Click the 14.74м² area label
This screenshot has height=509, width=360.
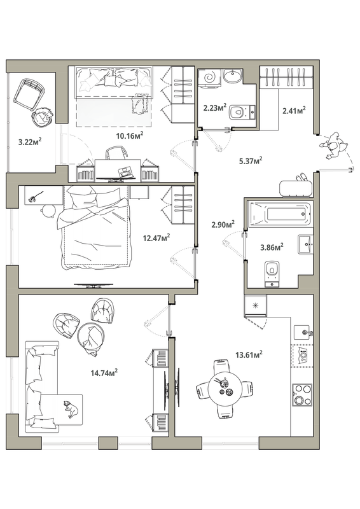click(x=104, y=372)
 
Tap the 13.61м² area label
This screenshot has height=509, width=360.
click(x=249, y=354)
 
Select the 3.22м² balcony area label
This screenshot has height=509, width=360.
click(x=29, y=141)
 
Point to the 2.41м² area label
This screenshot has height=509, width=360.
click(x=294, y=110)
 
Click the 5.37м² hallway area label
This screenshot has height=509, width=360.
click(x=251, y=160)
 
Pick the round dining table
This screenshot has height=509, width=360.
click(x=225, y=388)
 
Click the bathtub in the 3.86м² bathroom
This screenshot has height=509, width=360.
click(x=280, y=214)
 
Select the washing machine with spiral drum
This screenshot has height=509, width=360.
click(x=209, y=78)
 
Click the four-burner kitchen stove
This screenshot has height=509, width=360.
click(x=302, y=394)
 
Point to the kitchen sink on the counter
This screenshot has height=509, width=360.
click(x=303, y=332)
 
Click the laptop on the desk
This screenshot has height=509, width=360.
click(x=126, y=172)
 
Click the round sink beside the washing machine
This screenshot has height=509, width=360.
click(x=233, y=76)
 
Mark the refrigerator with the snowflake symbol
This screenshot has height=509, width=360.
click(x=256, y=305)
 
